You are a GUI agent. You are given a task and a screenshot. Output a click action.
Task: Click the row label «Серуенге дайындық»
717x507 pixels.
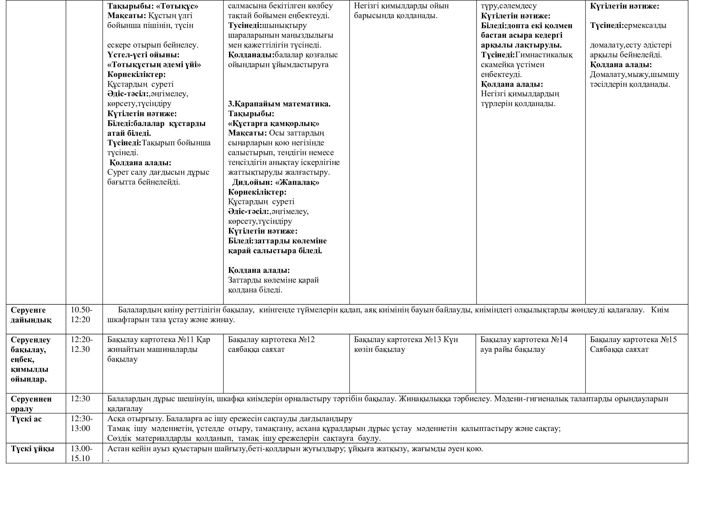31,315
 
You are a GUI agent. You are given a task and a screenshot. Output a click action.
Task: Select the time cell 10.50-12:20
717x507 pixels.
81,315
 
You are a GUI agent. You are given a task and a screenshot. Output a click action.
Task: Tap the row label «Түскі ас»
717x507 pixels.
26,419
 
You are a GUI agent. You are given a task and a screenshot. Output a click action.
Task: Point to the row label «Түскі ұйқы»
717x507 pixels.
32,449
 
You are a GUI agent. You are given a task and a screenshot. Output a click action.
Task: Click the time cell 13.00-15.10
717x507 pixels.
81,453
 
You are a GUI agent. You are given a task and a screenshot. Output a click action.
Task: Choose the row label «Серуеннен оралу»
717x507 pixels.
31,403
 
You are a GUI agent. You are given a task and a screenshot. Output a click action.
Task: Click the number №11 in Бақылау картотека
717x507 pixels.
187,339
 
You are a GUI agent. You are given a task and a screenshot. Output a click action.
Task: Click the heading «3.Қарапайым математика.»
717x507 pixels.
279,104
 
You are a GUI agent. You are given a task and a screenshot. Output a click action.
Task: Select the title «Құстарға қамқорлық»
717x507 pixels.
273,123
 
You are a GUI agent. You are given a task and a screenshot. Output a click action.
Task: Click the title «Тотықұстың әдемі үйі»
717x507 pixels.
154,65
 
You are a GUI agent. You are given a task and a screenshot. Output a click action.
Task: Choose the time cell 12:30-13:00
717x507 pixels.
81,423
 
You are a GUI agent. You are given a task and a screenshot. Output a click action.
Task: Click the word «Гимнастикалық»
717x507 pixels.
544,55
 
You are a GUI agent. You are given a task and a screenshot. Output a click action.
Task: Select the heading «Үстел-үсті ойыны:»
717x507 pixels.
144,55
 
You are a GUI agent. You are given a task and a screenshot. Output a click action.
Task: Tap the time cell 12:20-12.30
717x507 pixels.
81,344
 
